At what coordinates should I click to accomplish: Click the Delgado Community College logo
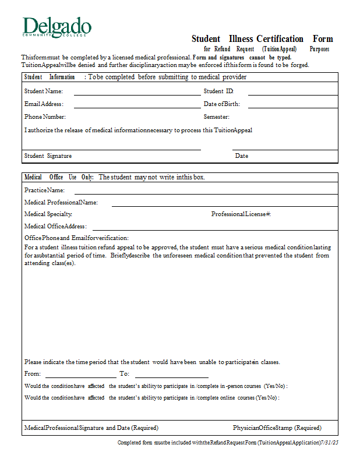click(57, 27)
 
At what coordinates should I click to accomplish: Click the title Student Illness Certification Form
click(262, 39)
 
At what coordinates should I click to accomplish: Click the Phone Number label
click(45, 117)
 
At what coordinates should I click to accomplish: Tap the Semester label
click(217, 117)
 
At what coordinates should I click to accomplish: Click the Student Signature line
click(112, 149)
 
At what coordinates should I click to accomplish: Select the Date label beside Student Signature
click(242, 156)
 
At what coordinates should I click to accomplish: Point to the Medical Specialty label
click(48, 214)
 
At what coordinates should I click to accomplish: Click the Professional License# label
click(241, 214)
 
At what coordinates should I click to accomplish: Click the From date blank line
click(80, 376)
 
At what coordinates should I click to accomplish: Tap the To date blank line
click(171, 376)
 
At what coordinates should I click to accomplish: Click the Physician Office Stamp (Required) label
click(277, 428)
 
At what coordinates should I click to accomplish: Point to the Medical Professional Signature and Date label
click(91, 428)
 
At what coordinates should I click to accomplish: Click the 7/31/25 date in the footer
click(330, 443)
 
